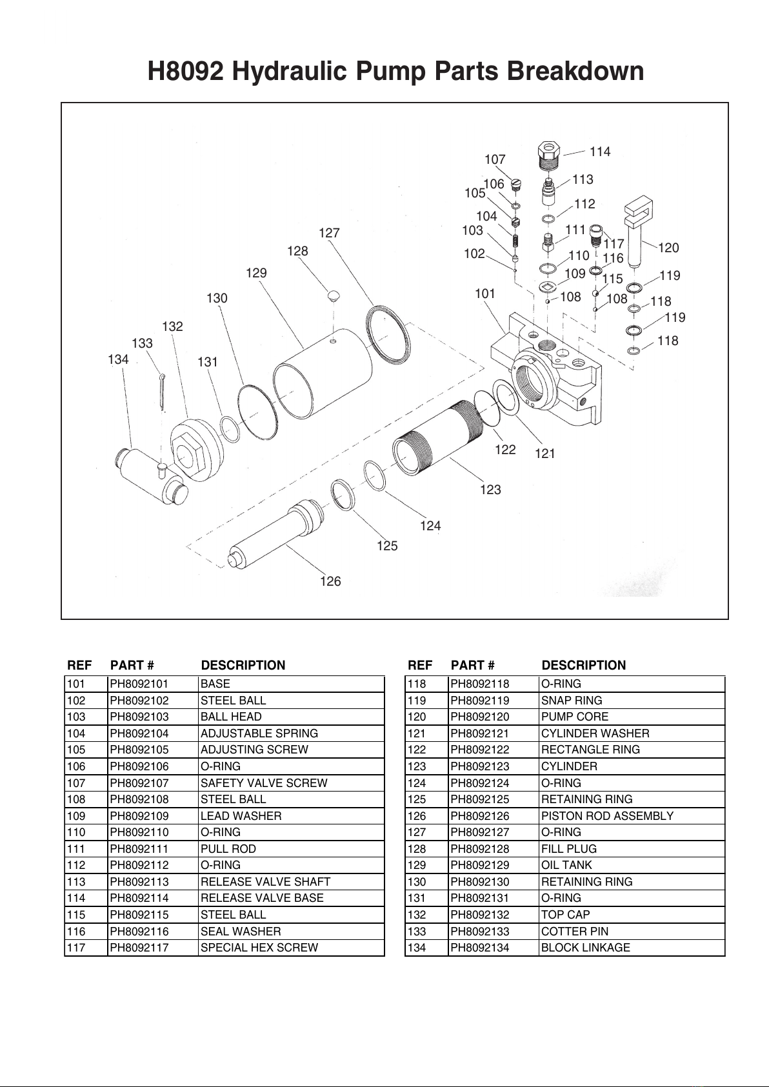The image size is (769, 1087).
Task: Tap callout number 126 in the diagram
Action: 330,581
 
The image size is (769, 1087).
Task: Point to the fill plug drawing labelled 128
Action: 334,295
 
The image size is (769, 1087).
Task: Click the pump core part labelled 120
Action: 637,231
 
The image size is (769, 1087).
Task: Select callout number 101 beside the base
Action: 484,294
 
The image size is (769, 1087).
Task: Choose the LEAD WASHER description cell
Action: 291,816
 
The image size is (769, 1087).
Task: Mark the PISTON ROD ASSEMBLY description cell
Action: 632,816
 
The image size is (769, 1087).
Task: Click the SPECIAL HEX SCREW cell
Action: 291,947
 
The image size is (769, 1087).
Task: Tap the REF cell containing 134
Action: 426,947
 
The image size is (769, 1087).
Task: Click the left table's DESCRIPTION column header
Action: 243,665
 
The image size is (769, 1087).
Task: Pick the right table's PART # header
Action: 472,665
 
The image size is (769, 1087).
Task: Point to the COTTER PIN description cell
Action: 632,931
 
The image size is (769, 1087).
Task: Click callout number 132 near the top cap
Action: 172,326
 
